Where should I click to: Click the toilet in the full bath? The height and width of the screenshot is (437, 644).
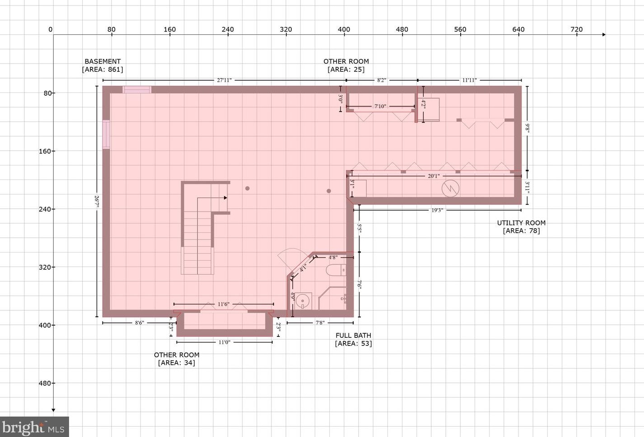[336, 271]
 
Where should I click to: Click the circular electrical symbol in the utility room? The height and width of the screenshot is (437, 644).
[450, 189]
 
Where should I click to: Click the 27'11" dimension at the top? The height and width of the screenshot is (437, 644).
[224, 80]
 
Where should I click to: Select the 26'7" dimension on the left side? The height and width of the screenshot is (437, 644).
[97, 201]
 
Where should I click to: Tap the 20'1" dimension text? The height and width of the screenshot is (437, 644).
[434, 176]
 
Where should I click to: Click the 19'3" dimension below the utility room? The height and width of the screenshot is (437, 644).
[437, 210]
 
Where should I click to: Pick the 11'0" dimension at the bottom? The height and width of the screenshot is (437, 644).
[224, 342]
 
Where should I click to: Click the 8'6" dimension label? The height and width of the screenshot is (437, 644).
[140, 323]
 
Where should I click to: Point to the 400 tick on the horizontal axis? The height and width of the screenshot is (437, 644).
[344, 30]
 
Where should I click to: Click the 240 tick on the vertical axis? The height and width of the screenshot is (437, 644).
[45, 209]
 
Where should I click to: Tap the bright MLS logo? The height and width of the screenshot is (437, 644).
[34, 427]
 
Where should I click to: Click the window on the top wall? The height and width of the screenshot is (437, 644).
[137, 90]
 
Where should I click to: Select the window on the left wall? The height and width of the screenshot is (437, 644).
[106, 134]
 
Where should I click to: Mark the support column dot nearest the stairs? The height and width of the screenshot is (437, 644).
[247, 189]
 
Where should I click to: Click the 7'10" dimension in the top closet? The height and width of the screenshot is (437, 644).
[380, 106]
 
